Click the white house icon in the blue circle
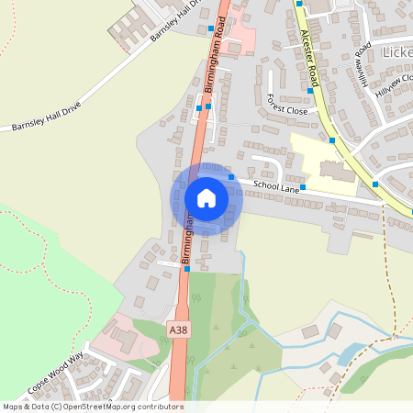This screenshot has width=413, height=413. (206, 197)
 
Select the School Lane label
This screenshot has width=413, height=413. (277, 187)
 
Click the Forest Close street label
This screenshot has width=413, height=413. (286, 104)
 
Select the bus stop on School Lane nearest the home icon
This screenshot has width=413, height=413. (232, 177)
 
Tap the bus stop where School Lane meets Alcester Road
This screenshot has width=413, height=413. (375, 184)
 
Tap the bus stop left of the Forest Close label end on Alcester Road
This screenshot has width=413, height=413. (311, 91)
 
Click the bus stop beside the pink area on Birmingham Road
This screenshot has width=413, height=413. (211, 28)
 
